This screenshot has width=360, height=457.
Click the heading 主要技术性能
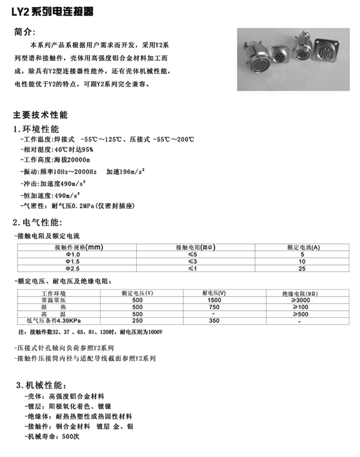point(40,115)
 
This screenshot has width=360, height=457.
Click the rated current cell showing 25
point(302,268)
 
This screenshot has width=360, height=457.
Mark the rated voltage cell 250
point(137,321)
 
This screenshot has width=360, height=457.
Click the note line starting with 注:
point(90,332)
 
